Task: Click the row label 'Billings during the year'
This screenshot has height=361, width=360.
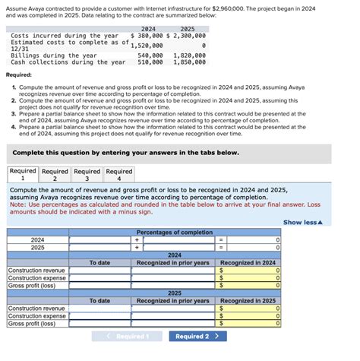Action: click(53, 55)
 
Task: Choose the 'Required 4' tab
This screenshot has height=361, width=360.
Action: click(118, 176)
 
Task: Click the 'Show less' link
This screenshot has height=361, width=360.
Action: click(302, 222)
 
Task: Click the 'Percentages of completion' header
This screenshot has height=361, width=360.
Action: click(175, 232)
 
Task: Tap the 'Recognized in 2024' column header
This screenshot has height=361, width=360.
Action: click(247, 262)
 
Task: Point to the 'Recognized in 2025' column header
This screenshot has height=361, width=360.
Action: click(247, 301)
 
